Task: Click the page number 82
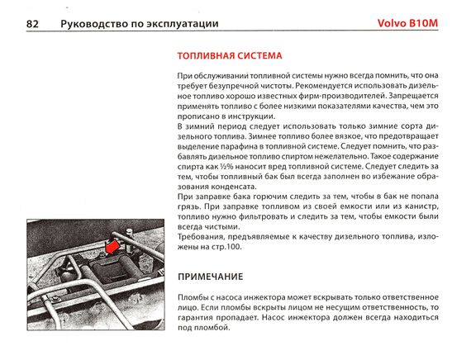32,24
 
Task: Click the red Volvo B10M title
407,23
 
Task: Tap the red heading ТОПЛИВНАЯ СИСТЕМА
230,56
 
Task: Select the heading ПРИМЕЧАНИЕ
210,277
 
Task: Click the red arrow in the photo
112,247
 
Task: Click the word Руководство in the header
93,24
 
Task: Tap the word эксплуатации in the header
183,24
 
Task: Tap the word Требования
201,237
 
